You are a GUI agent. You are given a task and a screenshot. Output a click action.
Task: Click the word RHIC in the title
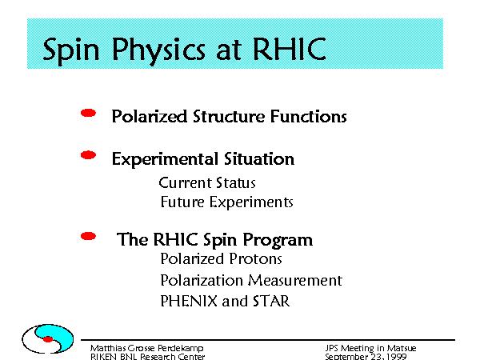(290, 49)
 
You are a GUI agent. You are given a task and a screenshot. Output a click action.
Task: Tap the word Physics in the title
(158, 51)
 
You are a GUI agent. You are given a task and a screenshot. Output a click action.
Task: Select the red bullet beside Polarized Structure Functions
(88, 114)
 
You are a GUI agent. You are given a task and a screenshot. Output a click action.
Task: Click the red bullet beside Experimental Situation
(88, 155)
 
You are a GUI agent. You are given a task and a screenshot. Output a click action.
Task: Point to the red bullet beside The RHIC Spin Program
(88, 236)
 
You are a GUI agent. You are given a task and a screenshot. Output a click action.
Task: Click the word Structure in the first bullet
(229, 117)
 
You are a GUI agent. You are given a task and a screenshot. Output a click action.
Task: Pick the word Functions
(309, 117)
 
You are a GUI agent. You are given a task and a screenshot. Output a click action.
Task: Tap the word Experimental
(166, 159)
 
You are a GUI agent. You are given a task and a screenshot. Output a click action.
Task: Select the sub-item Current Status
(207, 183)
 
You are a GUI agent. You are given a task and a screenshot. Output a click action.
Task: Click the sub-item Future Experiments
(227, 202)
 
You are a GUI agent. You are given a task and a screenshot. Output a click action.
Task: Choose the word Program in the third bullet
(278, 241)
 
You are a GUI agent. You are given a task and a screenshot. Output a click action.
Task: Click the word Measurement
(294, 281)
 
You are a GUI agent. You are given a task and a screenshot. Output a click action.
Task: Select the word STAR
(271, 302)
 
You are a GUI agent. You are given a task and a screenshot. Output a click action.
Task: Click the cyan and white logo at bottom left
(48, 339)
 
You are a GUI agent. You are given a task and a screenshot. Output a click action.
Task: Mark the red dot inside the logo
(48, 339)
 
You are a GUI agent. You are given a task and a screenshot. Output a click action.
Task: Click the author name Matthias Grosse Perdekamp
(146, 348)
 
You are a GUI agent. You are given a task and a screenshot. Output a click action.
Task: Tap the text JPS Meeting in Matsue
(370, 348)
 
